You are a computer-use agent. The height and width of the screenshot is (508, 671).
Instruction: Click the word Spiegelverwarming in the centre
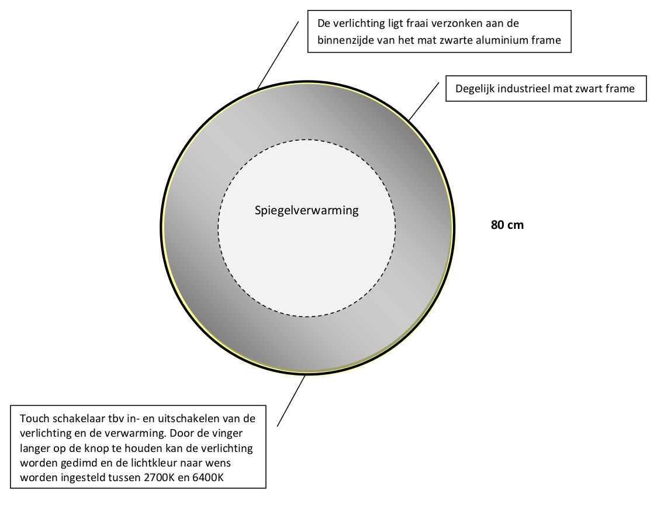306,211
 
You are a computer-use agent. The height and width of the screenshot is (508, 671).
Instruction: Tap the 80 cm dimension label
507,225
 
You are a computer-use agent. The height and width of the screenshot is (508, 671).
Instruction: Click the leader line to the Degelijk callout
423,102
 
